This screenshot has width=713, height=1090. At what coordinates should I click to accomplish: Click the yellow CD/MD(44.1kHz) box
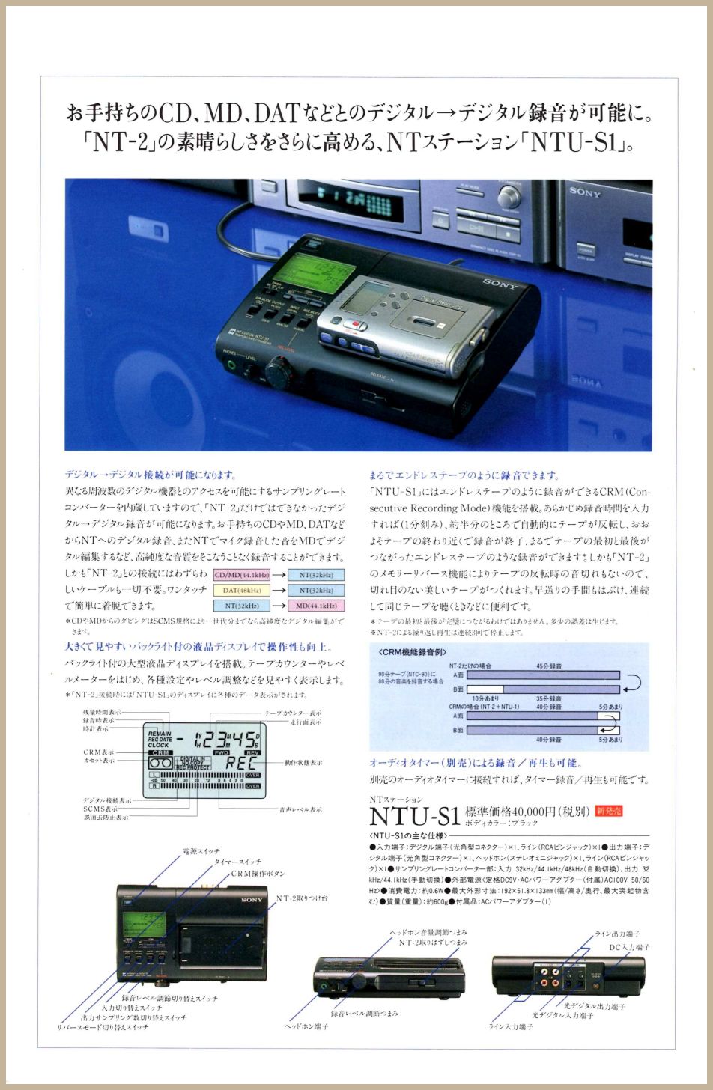241,575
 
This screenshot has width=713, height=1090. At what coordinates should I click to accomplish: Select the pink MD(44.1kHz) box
315,605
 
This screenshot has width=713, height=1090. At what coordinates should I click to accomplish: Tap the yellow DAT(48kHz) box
241,590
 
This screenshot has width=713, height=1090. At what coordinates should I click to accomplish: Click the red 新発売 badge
609,810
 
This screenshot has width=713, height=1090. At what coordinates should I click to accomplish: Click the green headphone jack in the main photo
231,368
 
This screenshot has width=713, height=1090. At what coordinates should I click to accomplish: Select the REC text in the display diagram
240,763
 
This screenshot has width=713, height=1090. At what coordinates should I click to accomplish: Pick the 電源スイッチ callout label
201,851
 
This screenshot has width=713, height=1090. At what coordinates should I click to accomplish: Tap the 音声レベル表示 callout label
300,809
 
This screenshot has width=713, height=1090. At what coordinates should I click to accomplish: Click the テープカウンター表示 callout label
293,713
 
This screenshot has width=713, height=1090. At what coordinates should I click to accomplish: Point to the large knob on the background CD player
509,196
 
